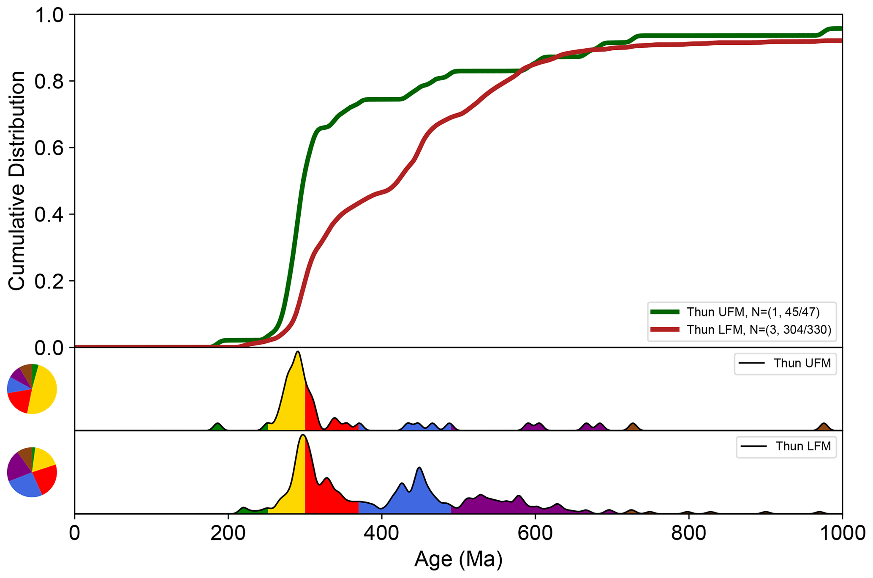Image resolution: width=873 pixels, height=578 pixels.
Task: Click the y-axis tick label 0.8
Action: click(x=48, y=81)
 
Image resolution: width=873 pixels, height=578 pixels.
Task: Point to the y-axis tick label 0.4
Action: click(x=48, y=214)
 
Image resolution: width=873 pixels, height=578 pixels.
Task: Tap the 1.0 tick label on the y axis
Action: click(x=48, y=15)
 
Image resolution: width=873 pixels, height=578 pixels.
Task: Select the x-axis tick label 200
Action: click(x=228, y=533)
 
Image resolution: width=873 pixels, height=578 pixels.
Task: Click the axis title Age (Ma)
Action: click(x=458, y=559)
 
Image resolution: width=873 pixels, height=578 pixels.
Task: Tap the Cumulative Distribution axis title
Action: click(x=17, y=181)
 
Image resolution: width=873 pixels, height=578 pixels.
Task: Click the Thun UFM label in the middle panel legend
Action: click(x=802, y=363)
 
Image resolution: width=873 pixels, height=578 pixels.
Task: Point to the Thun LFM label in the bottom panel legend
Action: click(x=803, y=447)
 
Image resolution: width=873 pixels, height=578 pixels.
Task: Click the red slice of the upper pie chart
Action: click(x=19, y=400)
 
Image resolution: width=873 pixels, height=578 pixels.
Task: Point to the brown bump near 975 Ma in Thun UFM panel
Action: click(x=823, y=427)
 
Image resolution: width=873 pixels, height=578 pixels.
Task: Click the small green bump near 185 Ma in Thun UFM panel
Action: click(x=218, y=427)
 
